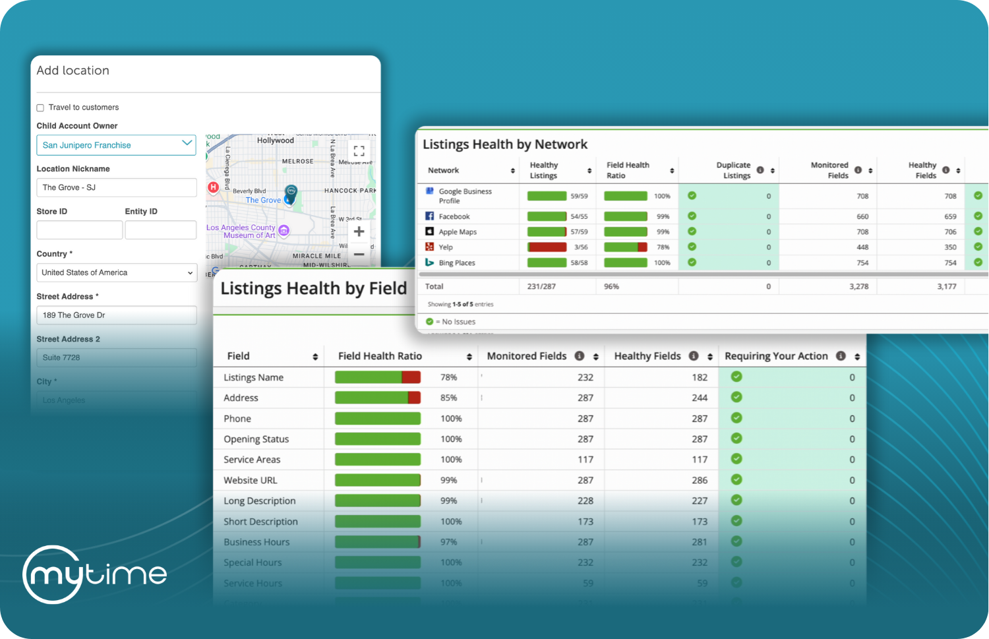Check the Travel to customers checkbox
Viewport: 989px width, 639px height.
(x=40, y=107)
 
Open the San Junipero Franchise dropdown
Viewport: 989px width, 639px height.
(x=116, y=145)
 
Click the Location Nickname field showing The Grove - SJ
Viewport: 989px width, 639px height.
(x=116, y=187)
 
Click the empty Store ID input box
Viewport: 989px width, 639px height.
(x=79, y=229)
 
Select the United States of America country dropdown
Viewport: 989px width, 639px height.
(x=116, y=272)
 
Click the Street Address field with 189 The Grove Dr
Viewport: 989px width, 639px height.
(x=116, y=315)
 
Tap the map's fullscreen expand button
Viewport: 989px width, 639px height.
(x=359, y=150)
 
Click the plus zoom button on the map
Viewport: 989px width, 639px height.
(x=359, y=231)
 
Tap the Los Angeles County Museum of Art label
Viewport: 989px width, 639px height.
(x=241, y=231)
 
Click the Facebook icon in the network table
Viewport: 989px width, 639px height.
(x=429, y=216)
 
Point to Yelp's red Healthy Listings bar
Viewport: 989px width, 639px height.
(x=547, y=247)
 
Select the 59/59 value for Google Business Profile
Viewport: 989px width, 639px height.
(x=579, y=196)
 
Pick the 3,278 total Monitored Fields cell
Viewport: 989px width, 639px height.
(x=858, y=286)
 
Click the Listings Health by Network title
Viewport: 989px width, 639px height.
(x=505, y=144)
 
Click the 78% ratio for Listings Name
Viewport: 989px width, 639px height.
(x=448, y=377)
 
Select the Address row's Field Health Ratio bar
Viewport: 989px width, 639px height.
(x=377, y=398)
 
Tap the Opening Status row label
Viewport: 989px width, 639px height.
(x=256, y=439)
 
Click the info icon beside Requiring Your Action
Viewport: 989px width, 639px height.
(x=841, y=356)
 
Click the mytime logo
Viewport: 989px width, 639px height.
(x=95, y=574)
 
